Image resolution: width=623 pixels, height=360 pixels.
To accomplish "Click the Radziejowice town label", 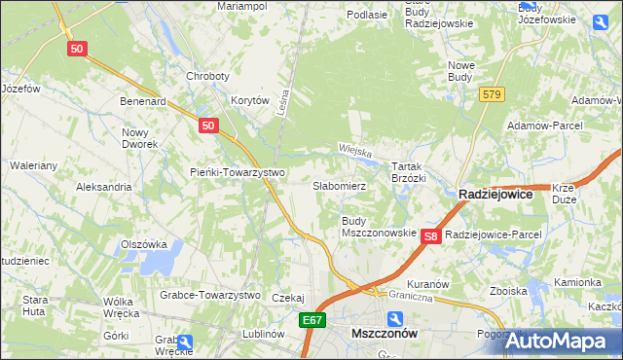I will pos(495,195).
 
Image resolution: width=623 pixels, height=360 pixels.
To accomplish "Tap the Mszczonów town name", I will pos(384,333).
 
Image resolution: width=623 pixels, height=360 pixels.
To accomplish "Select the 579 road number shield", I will pos(491,93).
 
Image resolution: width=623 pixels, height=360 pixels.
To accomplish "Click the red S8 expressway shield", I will pos(432,235).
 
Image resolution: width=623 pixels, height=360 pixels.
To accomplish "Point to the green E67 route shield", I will pos(311,319).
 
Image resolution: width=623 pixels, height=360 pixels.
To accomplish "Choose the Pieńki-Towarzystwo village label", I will pos(237,173).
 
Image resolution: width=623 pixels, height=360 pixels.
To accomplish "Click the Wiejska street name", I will pos(357,151).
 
